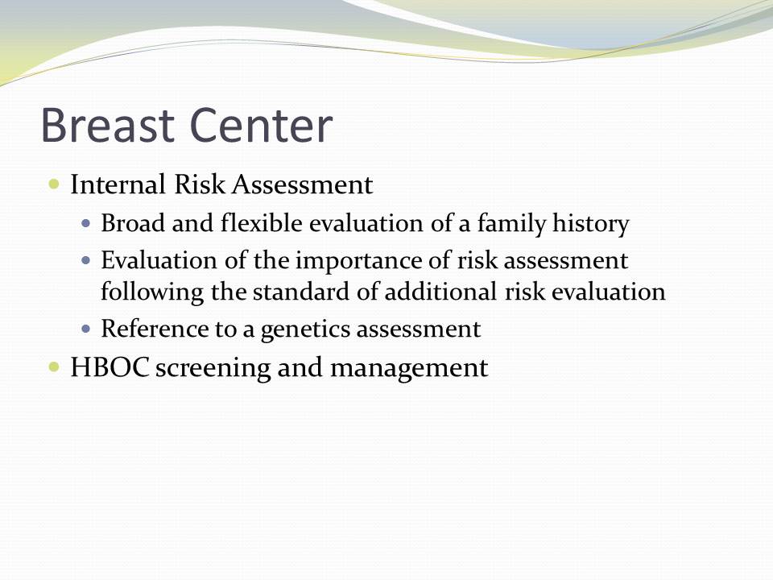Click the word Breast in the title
pyautogui.click(x=107, y=125)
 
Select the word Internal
pyautogui.click(x=118, y=184)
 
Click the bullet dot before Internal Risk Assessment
pyautogui.click(x=54, y=184)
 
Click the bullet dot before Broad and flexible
pyautogui.click(x=86, y=223)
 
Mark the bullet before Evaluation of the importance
pyautogui.click(x=86, y=260)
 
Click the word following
pyautogui.click(x=152, y=292)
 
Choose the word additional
pyautogui.click(x=440, y=292)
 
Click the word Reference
pyautogui.click(x=155, y=329)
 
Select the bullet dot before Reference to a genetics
pyautogui.click(x=86, y=329)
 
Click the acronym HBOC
pyautogui.click(x=110, y=367)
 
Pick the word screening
pyautogui.click(x=213, y=369)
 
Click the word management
pyautogui.click(x=409, y=369)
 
